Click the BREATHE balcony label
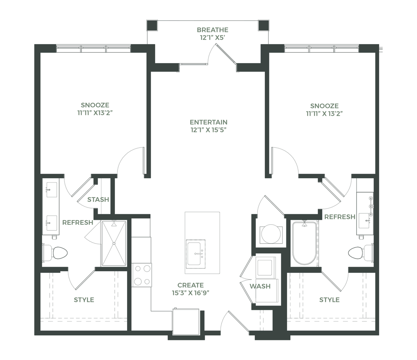[213, 30]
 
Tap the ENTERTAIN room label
[208, 122]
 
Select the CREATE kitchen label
[190, 285]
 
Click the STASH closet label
[98, 200]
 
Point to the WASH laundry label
[260, 286]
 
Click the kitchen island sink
[195, 254]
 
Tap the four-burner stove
[142, 275]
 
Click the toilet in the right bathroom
[361, 253]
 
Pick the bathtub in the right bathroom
[304, 243]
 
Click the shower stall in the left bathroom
[114, 244]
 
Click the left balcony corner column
[152, 25]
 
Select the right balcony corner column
[263, 25]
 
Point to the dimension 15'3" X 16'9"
[190, 293]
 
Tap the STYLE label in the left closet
[84, 300]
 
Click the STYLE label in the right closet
[329, 300]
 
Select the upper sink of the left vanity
[52, 190]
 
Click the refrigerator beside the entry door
[186, 322]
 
